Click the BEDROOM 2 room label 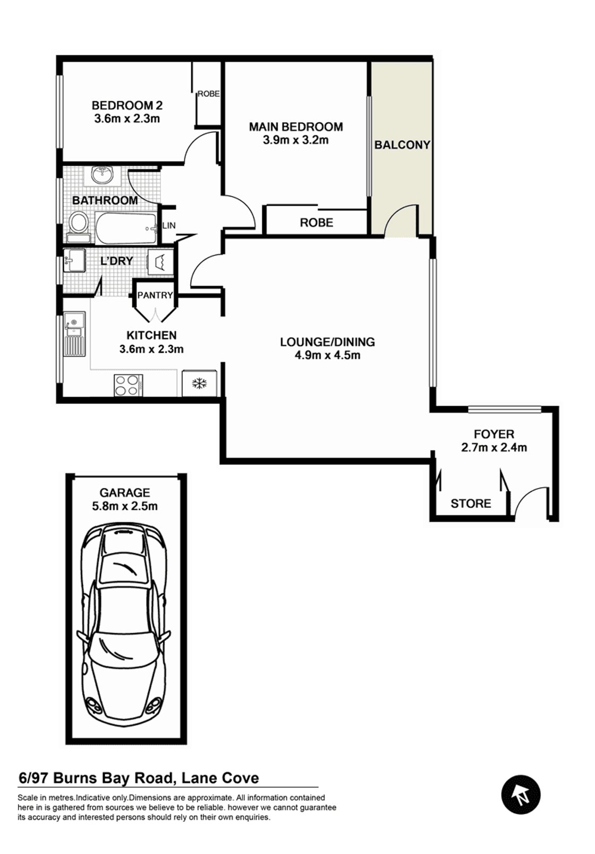127,105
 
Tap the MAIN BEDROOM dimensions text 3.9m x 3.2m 296,140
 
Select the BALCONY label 402,145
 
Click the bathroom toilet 79,227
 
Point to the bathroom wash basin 102,175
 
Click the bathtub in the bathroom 126,229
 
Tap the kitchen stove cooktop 129,385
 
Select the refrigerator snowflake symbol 199,383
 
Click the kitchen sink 75,335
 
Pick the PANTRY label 155,295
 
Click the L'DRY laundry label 117,261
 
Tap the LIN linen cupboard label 169,225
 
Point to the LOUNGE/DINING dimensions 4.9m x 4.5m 328,355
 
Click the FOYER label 494,434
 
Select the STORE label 471,503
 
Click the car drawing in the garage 125,626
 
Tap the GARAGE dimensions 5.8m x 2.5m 125,506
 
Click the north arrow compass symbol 521,795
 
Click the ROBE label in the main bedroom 317,223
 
